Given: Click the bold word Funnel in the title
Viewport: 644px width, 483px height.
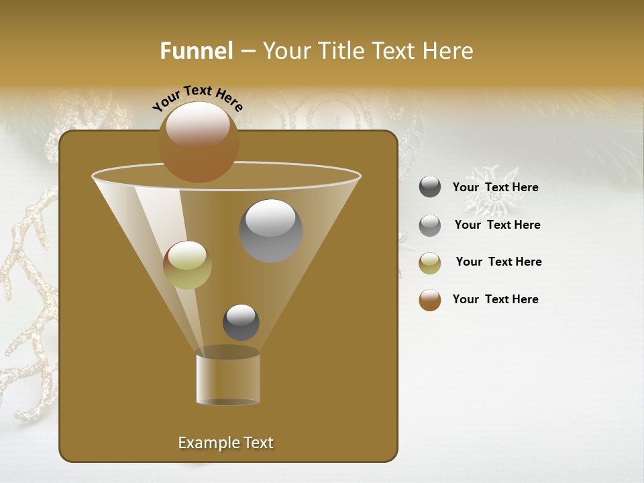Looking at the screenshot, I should point(196,51).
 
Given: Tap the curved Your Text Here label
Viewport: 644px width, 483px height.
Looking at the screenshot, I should point(198,98).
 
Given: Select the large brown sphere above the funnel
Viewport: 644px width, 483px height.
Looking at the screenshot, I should point(198,142).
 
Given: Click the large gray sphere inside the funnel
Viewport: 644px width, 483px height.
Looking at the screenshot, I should point(271,231).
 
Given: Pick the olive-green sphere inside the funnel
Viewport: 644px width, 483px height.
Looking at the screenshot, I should point(187,265).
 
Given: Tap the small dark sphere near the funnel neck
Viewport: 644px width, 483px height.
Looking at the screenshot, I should point(241,322).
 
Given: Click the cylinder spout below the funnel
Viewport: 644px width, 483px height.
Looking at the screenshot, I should point(228,378).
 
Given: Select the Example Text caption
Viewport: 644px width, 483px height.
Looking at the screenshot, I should point(226,443).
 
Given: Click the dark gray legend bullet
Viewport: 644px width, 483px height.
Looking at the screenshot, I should point(430,187).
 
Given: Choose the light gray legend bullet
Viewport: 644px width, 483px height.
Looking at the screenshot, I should point(430,225).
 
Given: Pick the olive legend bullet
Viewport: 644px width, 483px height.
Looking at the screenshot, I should point(430,263).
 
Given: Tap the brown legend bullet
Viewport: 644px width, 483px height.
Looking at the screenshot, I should point(430,300).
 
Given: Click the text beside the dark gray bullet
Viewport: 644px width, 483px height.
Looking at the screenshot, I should point(495,188).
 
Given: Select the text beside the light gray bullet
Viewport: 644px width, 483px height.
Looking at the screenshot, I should point(497,225).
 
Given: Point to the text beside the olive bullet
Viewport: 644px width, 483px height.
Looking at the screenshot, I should point(498,262).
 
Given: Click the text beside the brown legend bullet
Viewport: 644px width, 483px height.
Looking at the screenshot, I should point(495,299).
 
